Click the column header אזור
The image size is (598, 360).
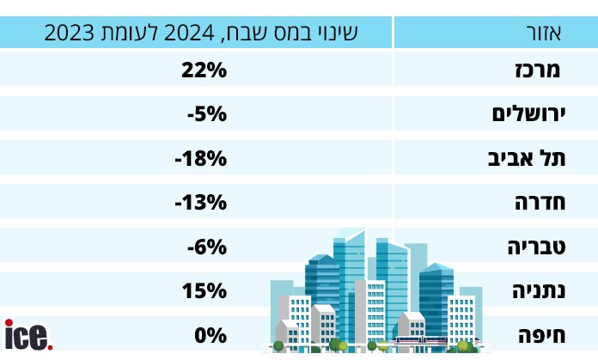[543, 34]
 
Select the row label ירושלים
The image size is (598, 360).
[526, 114]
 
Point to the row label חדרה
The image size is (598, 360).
[537, 203]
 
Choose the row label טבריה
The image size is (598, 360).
[534, 247]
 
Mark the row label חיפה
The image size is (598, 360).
[540, 335]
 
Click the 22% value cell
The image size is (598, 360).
[204, 70]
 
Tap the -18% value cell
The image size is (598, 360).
[200, 158]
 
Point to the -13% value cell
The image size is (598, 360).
[200, 203]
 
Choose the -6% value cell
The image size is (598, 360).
[206, 247]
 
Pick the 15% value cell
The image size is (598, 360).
[204, 291]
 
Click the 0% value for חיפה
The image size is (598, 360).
[210, 335]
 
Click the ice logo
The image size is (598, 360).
[27, 335]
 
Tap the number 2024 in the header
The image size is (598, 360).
[223, 34]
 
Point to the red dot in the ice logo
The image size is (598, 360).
[50, 346]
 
